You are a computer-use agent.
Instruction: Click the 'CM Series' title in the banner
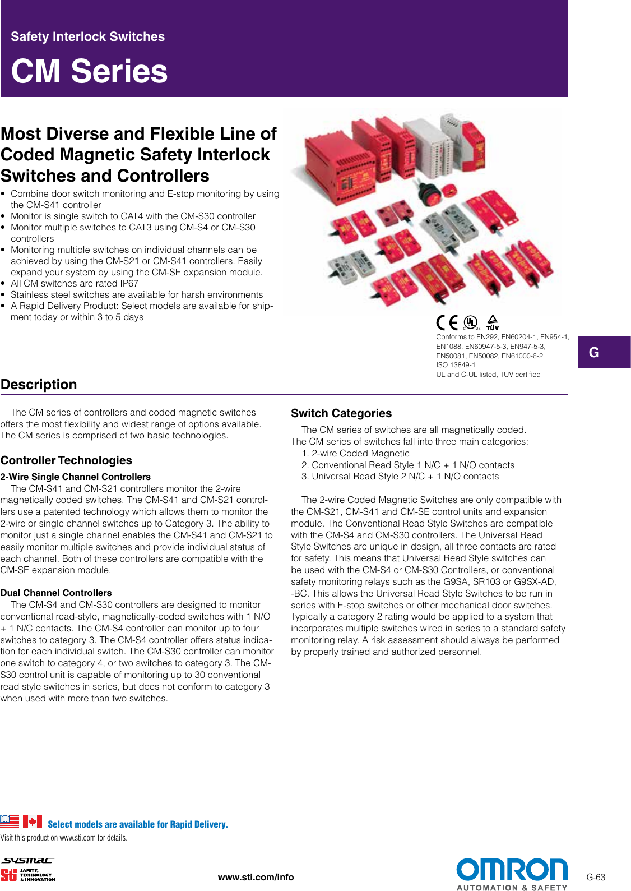point(89,71)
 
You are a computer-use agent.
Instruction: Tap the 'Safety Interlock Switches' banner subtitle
point(87,37)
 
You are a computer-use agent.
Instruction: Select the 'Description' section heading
point(39,385)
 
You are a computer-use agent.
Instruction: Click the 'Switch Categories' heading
point(341,413)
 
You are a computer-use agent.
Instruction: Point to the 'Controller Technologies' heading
point(66,460)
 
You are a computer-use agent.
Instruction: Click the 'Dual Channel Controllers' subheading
point(56,593)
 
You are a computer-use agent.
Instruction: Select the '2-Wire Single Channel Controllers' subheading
point(76,477)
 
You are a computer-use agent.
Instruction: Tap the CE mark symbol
point(447,322)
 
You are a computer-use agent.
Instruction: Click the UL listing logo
point(471,322)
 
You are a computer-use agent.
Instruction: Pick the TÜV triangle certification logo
point(492,322)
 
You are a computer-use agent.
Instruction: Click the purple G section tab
point(604,352)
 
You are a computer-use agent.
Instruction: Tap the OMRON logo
point(512,870)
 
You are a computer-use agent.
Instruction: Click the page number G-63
point(596,878)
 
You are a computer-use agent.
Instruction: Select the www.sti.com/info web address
point(256,877)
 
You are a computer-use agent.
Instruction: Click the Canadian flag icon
point(33,822)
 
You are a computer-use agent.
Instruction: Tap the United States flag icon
point(10,822)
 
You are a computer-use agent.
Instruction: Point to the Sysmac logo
point(27,861)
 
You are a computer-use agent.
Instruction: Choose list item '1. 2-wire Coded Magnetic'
point(355,453)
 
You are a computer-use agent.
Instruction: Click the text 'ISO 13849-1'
point(456,365)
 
